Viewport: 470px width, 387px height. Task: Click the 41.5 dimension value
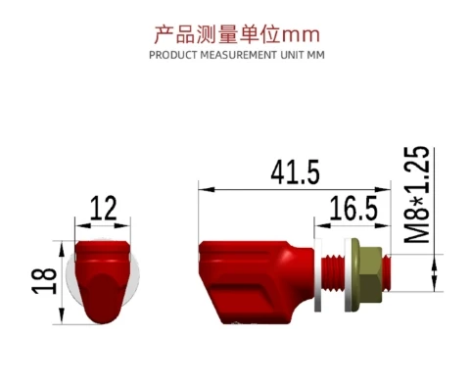pos(295,172)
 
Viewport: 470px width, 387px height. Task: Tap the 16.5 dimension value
pos(353,208)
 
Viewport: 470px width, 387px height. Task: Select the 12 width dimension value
pos(103,208)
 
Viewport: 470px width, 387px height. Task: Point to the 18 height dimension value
pos(44,280)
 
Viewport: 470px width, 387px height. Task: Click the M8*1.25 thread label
pos(417,195)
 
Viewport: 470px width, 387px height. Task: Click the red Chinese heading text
pos(237,34)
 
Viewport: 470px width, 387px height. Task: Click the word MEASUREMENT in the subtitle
pos(239,55)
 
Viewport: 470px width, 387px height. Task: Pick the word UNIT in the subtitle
pos(292,55)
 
